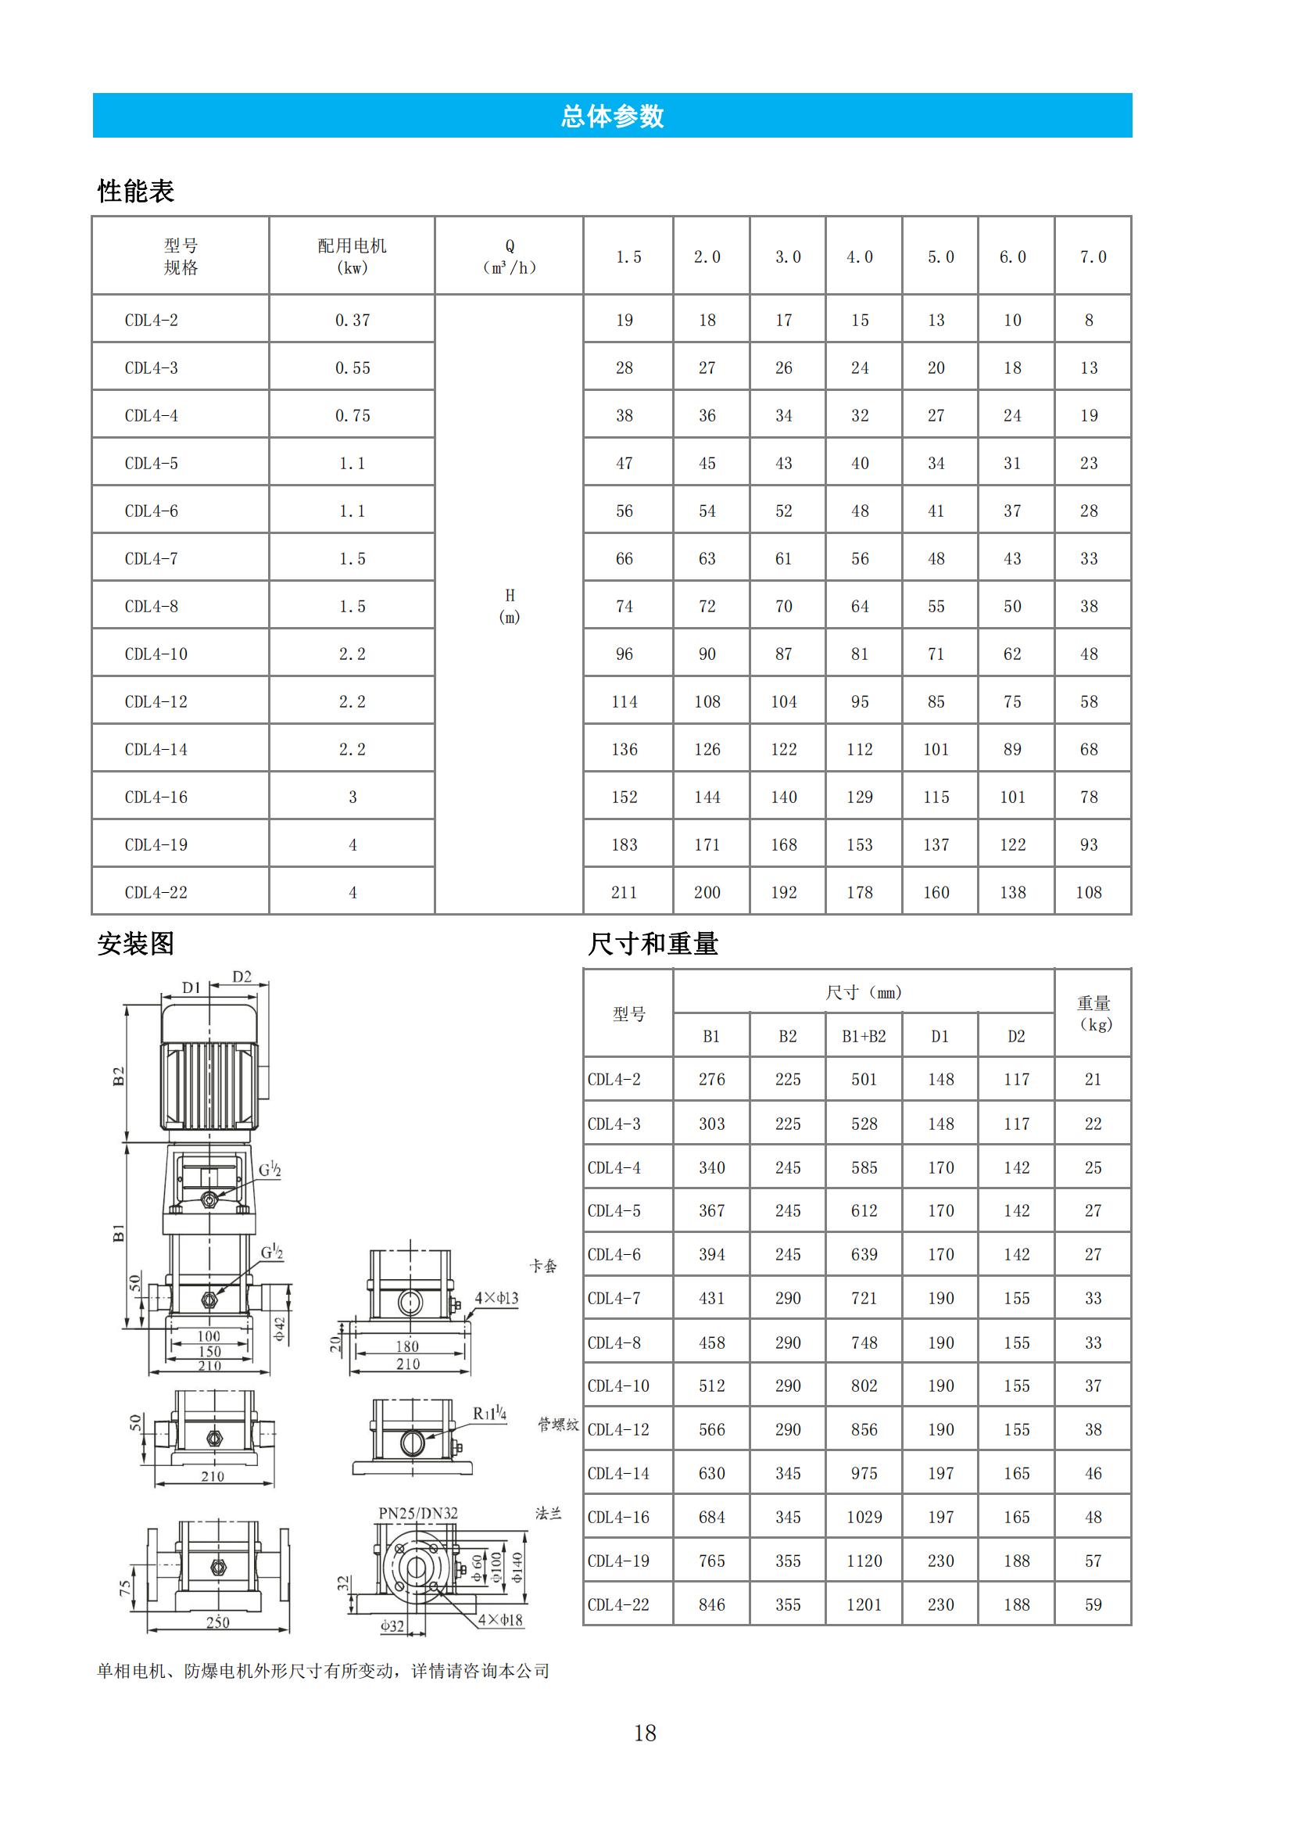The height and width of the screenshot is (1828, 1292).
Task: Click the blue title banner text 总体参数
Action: (x=612, y=116)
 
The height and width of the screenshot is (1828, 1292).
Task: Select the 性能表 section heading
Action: (x=135, y=191)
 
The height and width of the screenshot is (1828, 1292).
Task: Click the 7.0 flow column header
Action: (x=1092, y=257)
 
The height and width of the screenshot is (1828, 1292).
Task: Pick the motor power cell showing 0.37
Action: (x=352, y=320)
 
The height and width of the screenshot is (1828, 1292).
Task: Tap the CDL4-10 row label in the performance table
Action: (x=156, y=654)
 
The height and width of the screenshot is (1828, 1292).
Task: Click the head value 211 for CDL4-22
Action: (x=624, y=893)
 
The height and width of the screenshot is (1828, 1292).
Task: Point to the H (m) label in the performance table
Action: (x=510, y=606)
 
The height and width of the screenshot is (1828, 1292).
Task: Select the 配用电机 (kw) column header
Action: (x=352, y=256)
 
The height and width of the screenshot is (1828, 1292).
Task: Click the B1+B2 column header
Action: (x=864, y=1036)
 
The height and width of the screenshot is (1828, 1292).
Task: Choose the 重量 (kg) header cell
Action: (x=1093, y=1013)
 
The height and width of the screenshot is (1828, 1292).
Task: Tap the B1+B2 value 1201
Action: (x=864, y=1604)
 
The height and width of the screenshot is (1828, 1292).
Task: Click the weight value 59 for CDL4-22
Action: (x=1093, y=1604)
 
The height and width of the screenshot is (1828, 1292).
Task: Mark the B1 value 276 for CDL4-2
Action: (x=712, y=1079)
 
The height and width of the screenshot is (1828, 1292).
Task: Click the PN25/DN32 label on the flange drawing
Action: (x=418, y=1513)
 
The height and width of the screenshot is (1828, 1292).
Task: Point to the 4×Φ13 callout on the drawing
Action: (x=496, y=1298)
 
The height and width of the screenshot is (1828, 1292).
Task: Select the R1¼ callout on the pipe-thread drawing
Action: (x=489, y=1413)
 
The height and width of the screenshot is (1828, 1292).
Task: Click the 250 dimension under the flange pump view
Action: (x=217, y=1622)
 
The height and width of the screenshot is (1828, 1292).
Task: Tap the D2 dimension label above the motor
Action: (x=242, y=977)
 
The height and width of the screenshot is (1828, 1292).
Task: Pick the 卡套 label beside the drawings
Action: (x=544, y=1266)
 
